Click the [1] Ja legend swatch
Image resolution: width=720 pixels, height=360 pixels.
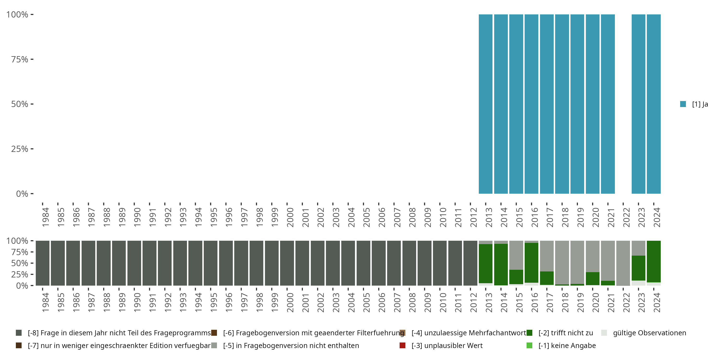pos(683,104)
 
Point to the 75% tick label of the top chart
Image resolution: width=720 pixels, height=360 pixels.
pos(20,59)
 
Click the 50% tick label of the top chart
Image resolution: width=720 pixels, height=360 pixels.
pos(20,104)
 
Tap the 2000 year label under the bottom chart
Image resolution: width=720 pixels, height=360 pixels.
pos(290,303)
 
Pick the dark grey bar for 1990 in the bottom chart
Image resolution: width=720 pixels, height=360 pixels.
pos(134,263)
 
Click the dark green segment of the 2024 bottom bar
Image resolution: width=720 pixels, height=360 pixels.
pos(654,261)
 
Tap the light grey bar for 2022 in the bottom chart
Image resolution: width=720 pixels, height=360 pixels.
pos(623,263)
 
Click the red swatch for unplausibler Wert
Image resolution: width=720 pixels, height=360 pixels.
pos(402,345)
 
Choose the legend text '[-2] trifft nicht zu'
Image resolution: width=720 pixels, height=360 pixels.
pos(566,333)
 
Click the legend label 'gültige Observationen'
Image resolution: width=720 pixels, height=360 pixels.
pos(649,333)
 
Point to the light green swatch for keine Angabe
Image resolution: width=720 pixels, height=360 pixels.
pos(529,345)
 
